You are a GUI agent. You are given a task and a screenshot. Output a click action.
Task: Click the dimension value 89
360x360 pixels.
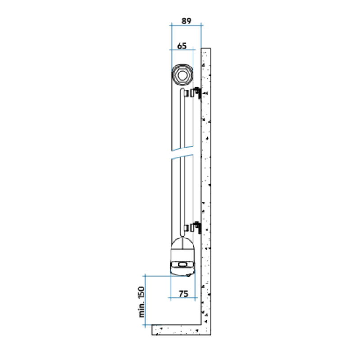186,21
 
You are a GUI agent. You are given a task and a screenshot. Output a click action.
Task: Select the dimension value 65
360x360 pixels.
182,46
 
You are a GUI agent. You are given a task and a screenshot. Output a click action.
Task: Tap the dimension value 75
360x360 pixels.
183,294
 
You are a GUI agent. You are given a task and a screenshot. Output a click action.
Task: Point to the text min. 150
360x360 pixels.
142,301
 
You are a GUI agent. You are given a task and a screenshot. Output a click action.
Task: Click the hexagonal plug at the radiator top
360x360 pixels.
182,75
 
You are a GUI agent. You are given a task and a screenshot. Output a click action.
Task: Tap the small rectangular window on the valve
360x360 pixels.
183,265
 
